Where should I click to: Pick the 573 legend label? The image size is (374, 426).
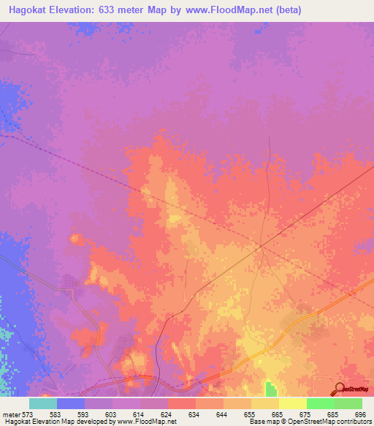[29, 415]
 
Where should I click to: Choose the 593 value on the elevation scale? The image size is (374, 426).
[84, 415]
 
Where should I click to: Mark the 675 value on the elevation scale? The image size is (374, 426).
[306, 415]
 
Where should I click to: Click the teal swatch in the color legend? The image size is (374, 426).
[43, 403]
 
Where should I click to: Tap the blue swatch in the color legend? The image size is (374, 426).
[71, 403]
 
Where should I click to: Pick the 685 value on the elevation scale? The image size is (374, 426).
[334, 415]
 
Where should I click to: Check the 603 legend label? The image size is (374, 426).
[112, 415]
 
